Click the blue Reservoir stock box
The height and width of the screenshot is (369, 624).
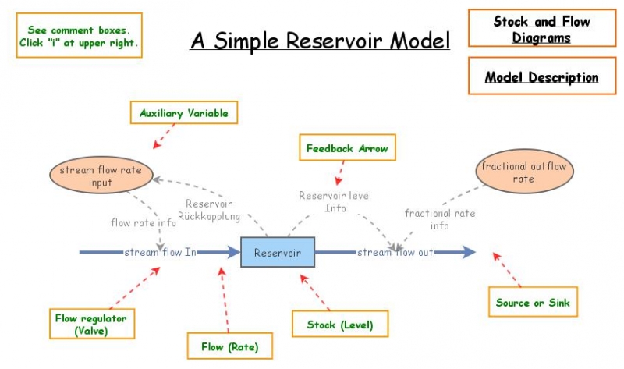tap(277, 252)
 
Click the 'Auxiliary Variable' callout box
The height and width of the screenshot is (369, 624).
tap(183, 114)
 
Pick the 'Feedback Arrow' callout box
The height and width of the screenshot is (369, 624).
tap(347, 147)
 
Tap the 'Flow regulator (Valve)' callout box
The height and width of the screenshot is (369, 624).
tap(90, 324)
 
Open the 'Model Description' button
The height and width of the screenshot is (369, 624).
tap(541, 77)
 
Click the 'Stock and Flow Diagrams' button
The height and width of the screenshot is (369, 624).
tap(541, 30)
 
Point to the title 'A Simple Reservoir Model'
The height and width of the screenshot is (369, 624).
tap(320, 40)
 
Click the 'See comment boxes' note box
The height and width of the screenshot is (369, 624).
tap(79, 36)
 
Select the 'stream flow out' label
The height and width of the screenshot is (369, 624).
tap(395, 252)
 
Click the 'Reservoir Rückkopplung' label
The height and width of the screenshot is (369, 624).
tap(209, 209)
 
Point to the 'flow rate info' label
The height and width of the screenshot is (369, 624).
tap(143, 222)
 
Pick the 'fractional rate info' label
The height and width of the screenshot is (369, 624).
tap(439, 219)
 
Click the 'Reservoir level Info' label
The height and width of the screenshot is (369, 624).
tap(335, 201)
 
